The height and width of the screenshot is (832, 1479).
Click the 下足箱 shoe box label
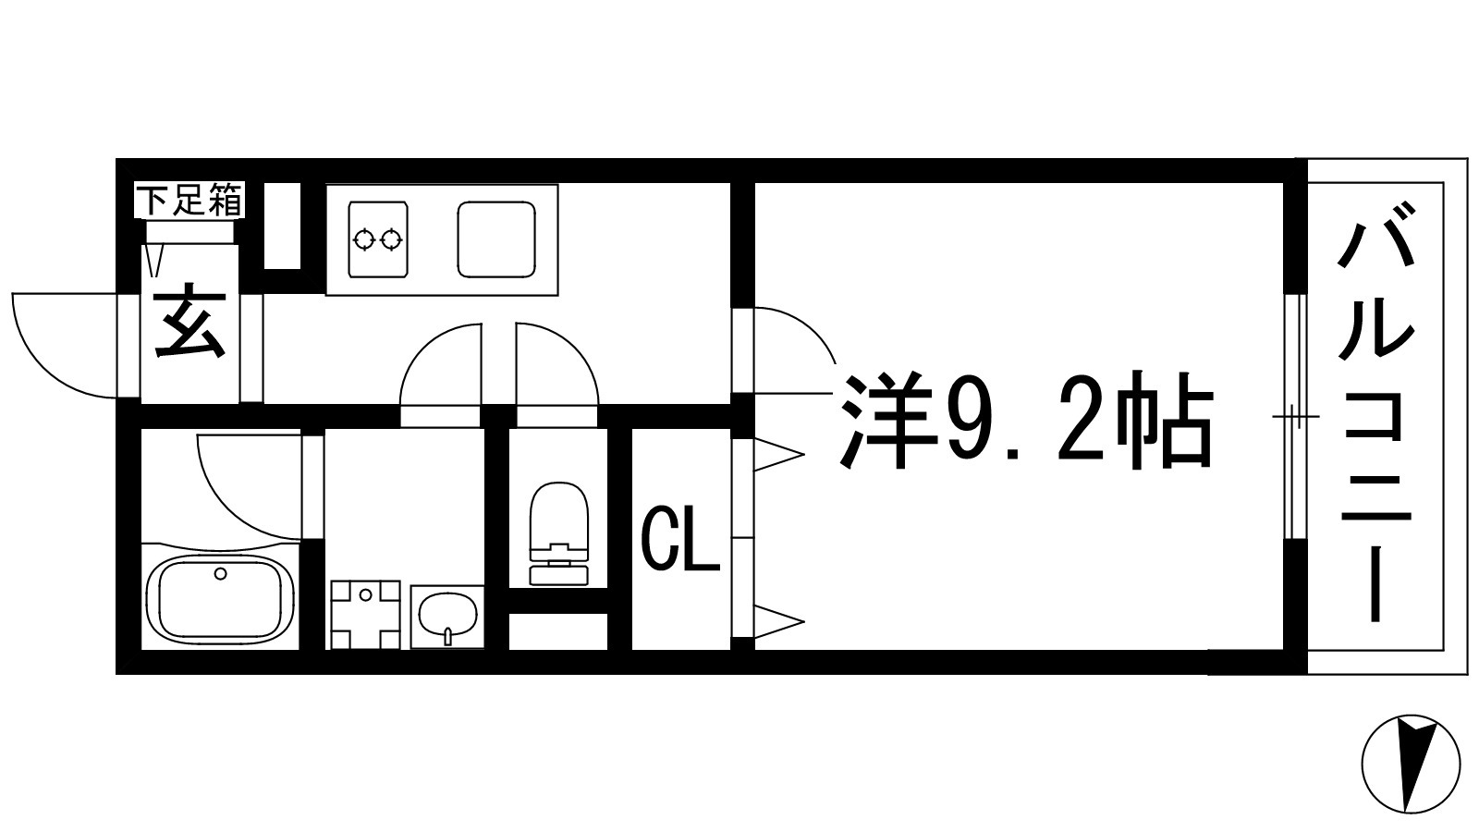click(x=190, y=201)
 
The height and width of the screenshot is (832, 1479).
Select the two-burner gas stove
click(x=378, y=239)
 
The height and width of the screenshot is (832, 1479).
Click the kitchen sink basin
click(x=497, y=239)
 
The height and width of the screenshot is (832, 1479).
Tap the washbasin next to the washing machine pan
click(x=447, y=616)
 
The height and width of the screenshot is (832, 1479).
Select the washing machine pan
click(x=365, y=615)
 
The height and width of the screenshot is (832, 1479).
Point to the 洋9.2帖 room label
click(x=1024, y=422)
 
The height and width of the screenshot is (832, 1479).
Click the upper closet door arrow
click(x=778, y=454)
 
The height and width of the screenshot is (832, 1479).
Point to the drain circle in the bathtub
click(x=220, y=574)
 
